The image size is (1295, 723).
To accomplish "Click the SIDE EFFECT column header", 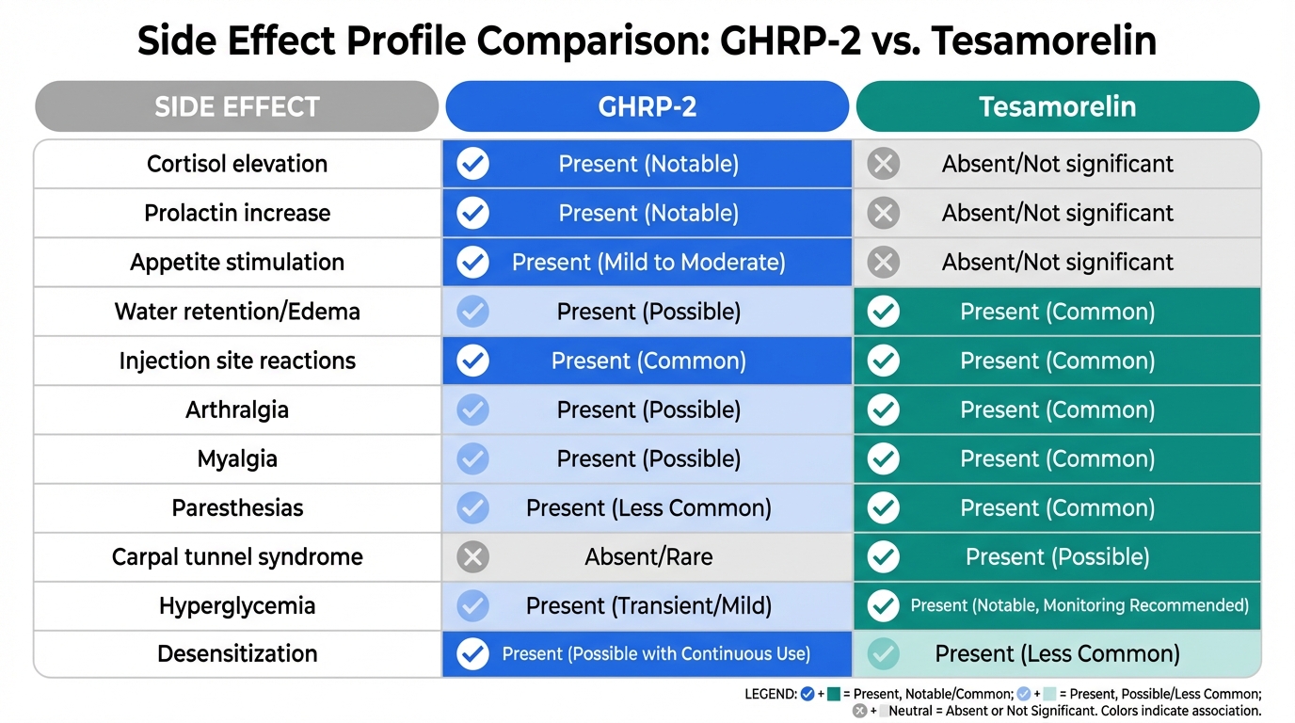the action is click(x=236, y=106).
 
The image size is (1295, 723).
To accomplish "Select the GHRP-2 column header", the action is click(x=647, y=106).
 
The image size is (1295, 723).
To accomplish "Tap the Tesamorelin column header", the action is click(x=1058, y=106).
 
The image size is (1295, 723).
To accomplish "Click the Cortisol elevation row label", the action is click(x=237, y=164).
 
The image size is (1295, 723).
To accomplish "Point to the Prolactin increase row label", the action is click(x=237, y=213).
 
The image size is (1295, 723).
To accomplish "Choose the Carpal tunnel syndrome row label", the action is click(x=237, y=557).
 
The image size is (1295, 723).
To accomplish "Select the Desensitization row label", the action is click(x=237, y=653).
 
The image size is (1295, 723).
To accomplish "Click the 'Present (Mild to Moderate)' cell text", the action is click(x=648, y=263).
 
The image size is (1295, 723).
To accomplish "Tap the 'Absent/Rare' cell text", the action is click(x=648, y=557).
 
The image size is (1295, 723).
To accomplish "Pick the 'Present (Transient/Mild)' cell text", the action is click(x=648, y=606).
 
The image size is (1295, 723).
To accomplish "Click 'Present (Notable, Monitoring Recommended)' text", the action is click(x=1079, y=605).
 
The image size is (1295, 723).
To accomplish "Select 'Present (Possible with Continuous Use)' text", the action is click(x=656, y=653).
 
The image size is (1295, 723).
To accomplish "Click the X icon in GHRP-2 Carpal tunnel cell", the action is click(x=472, y=557).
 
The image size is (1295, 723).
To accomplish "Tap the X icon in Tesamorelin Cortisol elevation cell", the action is click(x=884, y=164).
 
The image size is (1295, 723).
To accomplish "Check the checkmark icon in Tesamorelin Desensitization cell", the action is click(x=884, y=653).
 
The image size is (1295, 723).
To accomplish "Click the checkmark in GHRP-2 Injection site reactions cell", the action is click(x=472, y=361).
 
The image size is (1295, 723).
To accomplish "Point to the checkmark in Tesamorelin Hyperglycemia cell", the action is click(x=884, y=605).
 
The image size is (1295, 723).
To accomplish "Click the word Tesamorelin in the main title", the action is click(x=1044, y=40).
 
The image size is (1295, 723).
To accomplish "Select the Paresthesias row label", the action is click(x=237, y=507).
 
